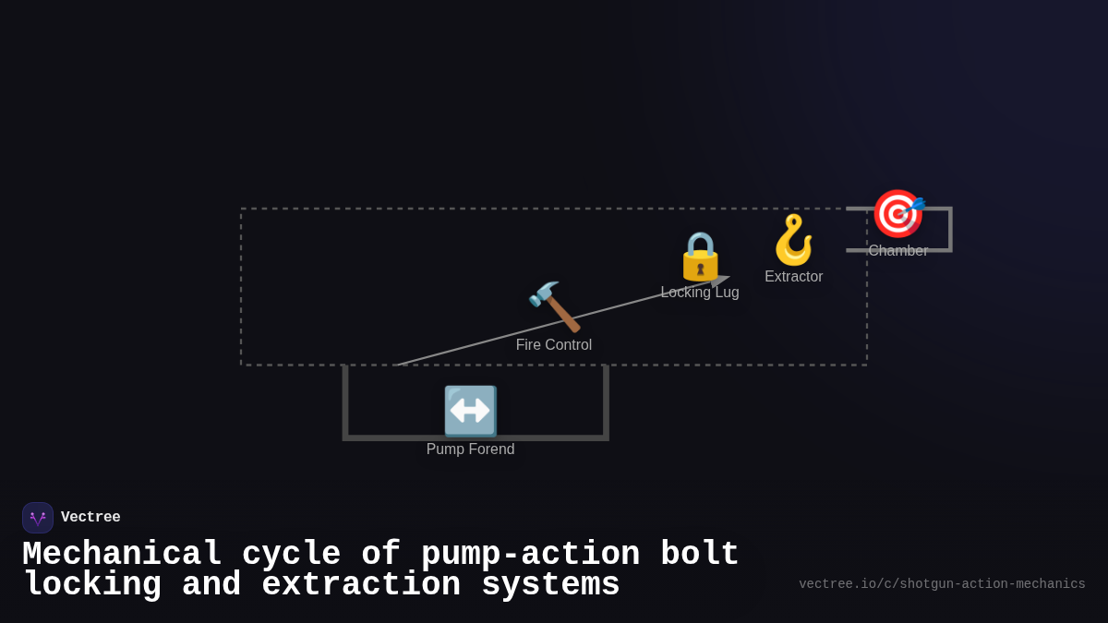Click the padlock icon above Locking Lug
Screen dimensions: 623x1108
tap(700, 256)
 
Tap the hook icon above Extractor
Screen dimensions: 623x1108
tap(793, 240)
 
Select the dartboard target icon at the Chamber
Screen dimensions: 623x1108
tap(897, 213)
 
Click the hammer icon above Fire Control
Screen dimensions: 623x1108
tap(554, 306)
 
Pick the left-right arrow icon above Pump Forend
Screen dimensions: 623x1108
tap(470, 411)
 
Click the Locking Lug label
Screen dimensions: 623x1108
tap(700, 293)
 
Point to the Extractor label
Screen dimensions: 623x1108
tap(794, 277)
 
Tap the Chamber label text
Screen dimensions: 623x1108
tap(898, 251)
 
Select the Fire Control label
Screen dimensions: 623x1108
tap(554, 345)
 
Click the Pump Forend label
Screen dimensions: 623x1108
tap(470, 449)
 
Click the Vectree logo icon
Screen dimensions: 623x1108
tap(38, 518)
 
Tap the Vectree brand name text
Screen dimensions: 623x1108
tap(90, 518)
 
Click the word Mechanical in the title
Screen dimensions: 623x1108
tap(122, 555)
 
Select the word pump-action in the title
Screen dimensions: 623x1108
tap(530, 555)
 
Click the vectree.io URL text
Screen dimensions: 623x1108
tap(942, 584)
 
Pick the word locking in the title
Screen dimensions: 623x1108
tap(92, 585)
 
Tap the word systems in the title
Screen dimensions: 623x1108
tap(550, 585)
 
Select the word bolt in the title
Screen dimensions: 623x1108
tap(700, 555)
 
